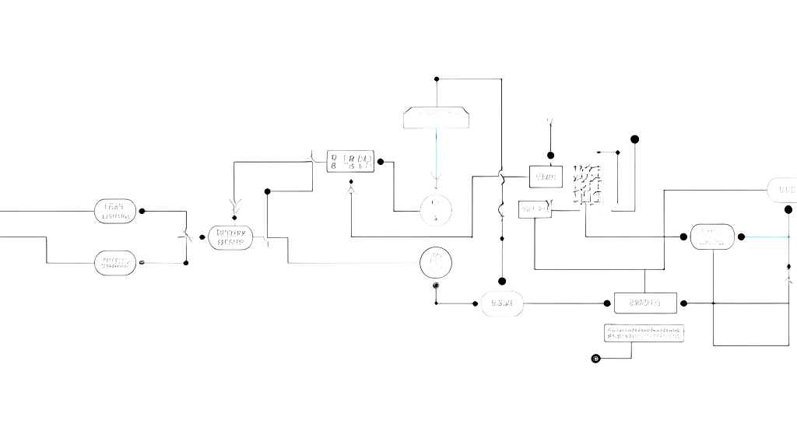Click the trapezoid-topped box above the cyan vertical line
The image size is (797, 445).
[436, 117]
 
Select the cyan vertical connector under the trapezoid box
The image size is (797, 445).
[436, 152]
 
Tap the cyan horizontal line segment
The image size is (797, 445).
[767, 237]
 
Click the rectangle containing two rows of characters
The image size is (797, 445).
[350, 161]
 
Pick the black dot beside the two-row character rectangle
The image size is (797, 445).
[381, 162]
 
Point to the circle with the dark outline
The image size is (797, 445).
[436, 263]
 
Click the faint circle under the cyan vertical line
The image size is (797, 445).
[436, 210]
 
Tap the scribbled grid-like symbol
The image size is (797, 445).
[587, 185]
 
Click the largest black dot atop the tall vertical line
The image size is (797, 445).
[634, 139]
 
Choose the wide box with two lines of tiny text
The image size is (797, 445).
[644, 333]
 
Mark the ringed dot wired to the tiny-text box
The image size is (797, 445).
[595, 359]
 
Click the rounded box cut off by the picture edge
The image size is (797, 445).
[781, 190]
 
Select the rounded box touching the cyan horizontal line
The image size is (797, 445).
[712, 237]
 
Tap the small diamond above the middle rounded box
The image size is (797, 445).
[234, 218]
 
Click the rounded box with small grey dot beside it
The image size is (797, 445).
[115, 263]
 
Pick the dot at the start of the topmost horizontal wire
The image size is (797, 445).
[437, 79]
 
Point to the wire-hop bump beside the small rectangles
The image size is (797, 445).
[501, 179]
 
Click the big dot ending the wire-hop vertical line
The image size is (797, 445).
[502, 281]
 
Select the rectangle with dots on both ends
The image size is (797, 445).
[645, 303]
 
